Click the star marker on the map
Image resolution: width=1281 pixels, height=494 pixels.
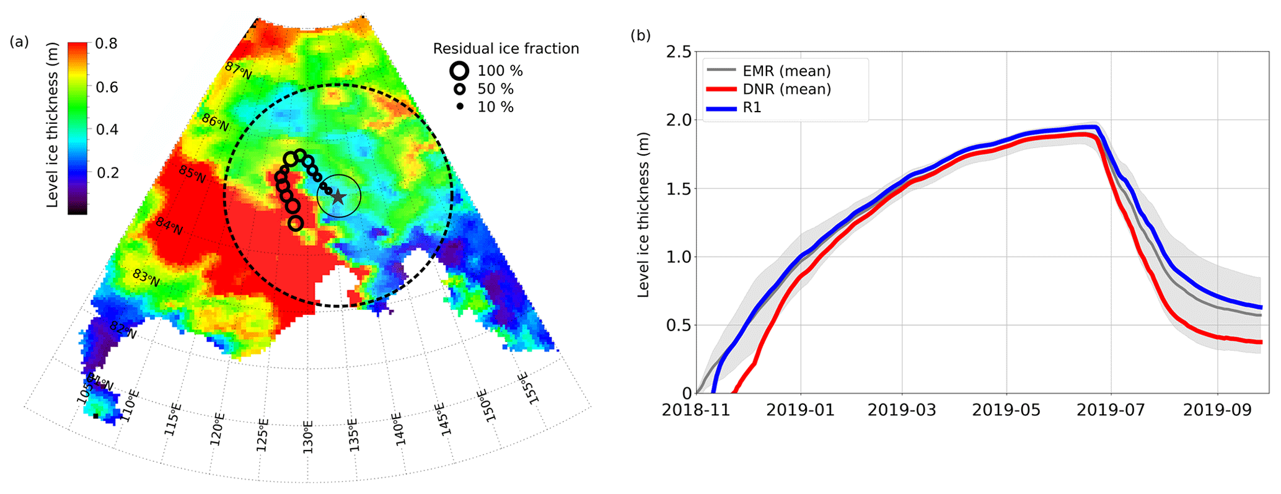tap(338, 197)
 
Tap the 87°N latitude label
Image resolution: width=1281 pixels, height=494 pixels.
tap(239, 70)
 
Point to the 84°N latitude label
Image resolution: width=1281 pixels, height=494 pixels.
tap(169, 226)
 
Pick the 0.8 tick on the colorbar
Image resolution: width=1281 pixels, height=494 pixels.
tap(106, 44)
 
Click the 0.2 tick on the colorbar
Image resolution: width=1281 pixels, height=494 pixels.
tap(107, 172)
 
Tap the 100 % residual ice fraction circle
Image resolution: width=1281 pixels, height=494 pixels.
tap(459, 71)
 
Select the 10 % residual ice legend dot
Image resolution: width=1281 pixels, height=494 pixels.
tap(460, 107)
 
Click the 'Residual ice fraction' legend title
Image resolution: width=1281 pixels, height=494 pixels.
tap(506, 49)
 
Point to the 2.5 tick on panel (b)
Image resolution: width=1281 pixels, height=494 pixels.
tap(678, 52)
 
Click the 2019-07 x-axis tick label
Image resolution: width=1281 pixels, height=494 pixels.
tap(1111, 410)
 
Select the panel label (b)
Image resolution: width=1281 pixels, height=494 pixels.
tap(640, 35)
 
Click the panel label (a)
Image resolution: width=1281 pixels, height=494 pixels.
tap(19, 42)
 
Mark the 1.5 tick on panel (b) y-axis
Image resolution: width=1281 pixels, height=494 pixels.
tap(678, 189)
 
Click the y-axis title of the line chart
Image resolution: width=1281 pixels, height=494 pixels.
tap(643, 214)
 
